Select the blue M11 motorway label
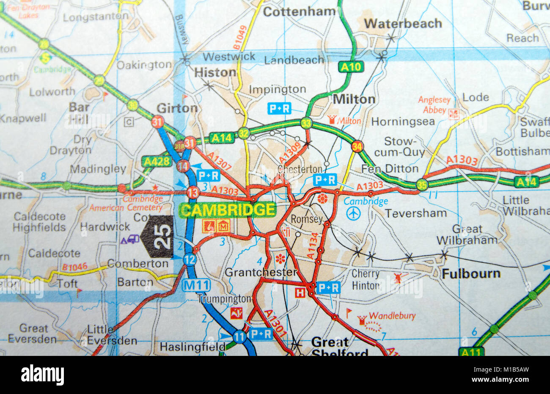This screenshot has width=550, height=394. (x=197, y=285)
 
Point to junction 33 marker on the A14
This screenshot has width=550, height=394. (x=306, y=123)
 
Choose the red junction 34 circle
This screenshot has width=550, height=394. (x=357, y=146)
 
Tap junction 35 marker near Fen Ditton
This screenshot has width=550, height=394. (x=421, y=185)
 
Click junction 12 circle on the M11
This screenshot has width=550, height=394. (x=190, y=259)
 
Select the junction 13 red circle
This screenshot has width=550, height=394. (x=193, y=192)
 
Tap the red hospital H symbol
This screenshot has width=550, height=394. (x=300, y=292)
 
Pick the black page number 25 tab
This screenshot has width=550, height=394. (x=158, y=237)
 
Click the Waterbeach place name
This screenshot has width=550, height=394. (x=403, y=24)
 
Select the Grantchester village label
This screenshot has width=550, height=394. (x=261, y=272)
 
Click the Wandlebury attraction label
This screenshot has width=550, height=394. (x=392, y=316)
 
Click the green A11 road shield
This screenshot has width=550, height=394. (x=471, y=351)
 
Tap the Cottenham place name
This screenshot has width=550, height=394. (x=299, y=11)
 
